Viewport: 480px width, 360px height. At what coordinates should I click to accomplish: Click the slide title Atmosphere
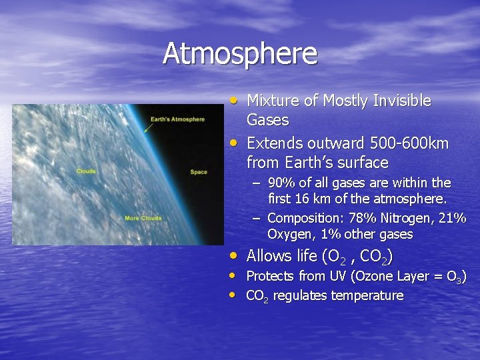point(240,54)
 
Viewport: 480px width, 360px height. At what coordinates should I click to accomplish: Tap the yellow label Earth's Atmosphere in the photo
point(177,119)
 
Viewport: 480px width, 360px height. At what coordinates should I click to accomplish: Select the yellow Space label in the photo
point(199,172)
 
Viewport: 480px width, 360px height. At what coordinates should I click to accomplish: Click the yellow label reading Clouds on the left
point(86,171)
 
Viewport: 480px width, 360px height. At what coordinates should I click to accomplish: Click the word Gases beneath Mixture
point(267,120)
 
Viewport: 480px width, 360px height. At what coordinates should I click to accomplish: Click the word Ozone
point(366,276)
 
